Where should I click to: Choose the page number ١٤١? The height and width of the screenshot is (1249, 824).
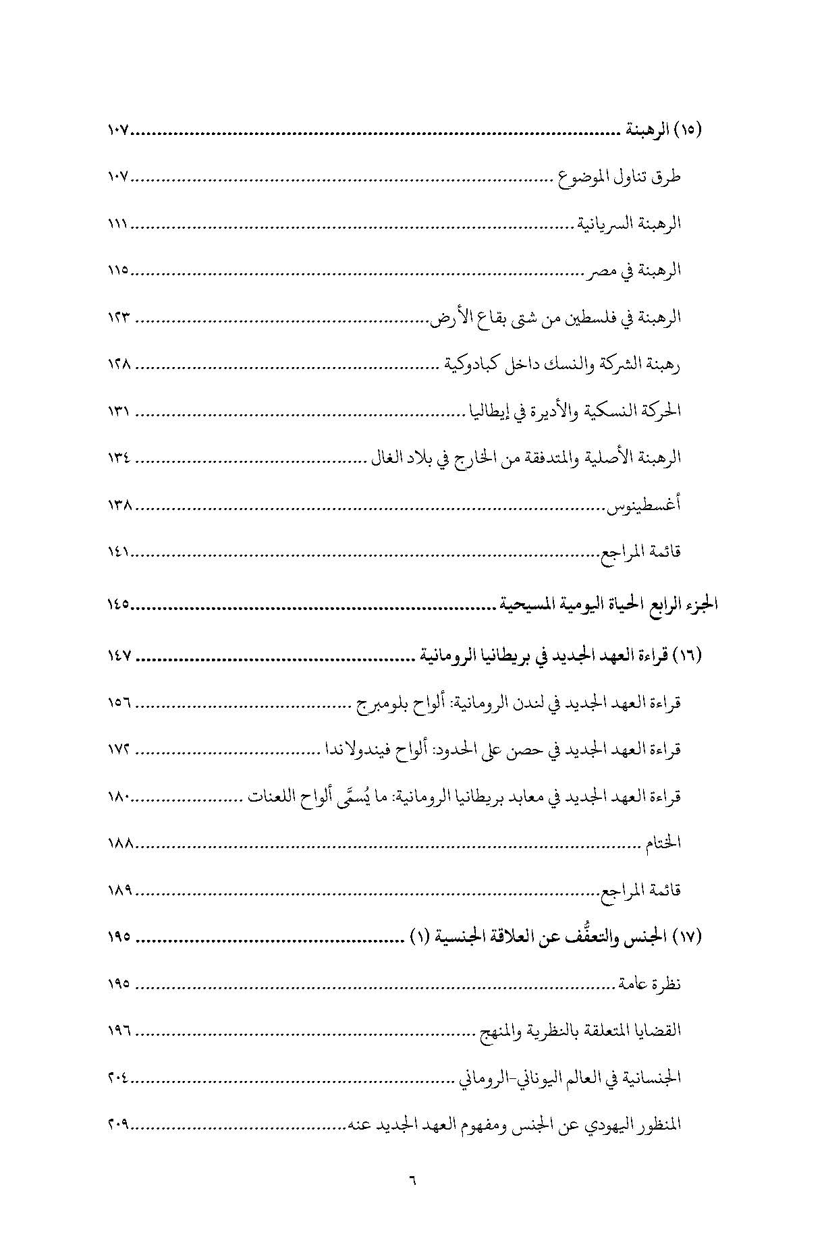coord(118,552)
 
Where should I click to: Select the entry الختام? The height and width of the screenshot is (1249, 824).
coord(663,843)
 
